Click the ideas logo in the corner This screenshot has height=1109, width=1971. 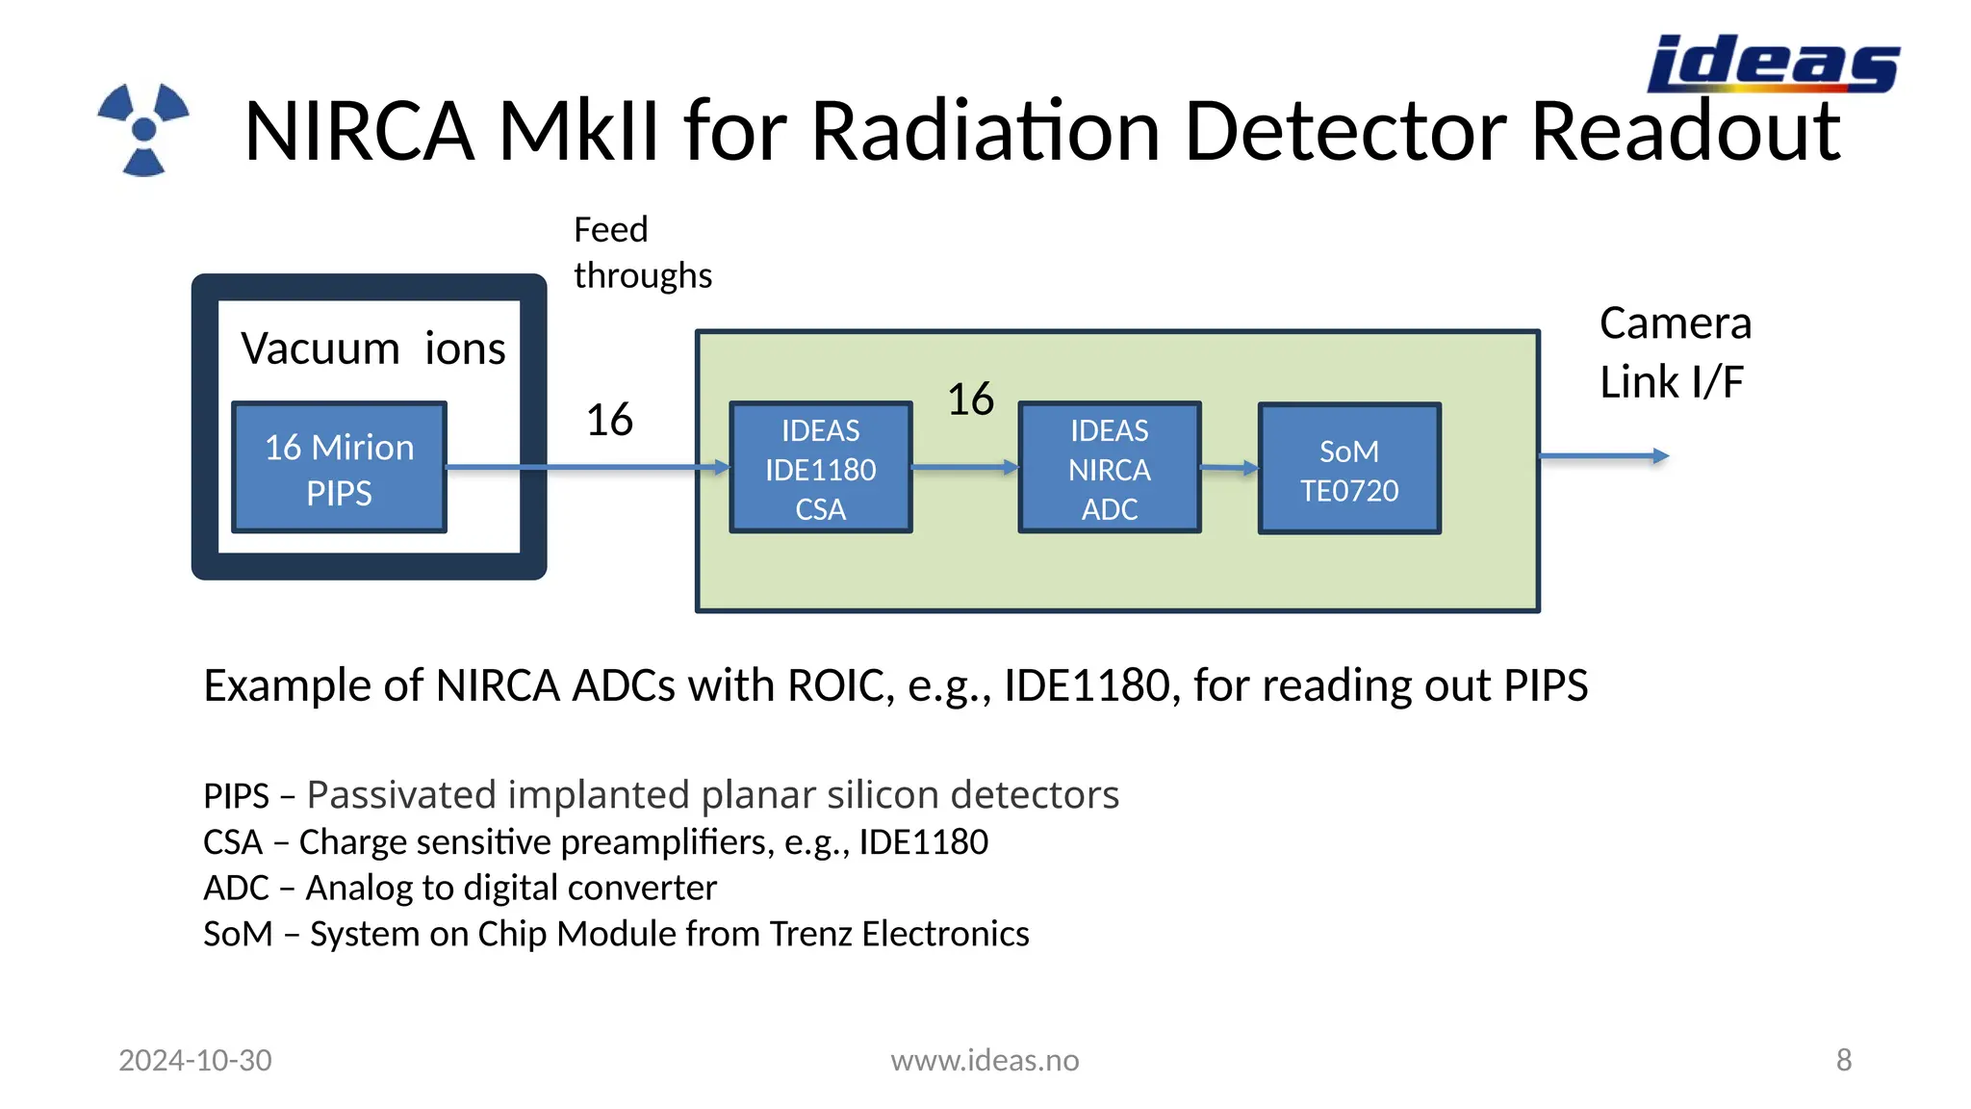(x=1773, y=64)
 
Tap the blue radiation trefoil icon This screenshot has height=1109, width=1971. (x=143, y=130)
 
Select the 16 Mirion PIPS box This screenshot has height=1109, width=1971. (x=339, y=469)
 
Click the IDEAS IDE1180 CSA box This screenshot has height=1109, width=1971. (x=820, y=469)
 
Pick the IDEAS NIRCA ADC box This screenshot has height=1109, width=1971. (x=1109, y=469)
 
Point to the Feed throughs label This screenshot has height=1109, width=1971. (x=642, y=252)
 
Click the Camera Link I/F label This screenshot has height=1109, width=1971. (x=1675, y=352)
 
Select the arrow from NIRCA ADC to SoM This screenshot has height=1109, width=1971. (x=1229, y=469)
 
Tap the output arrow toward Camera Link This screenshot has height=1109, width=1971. (x=1603, y=456)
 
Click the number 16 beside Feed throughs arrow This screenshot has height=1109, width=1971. (x=609, y=420)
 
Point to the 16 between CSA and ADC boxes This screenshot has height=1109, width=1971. (x=970, y=400)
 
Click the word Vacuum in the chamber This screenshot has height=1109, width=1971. (x=320, y=348)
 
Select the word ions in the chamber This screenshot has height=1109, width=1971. (x=465, y=348)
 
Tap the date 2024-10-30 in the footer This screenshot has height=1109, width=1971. (x=195, y=1060)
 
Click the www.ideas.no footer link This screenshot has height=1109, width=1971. (x=985, y=1060)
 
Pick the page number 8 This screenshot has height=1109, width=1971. (x=1843, y=1060)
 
